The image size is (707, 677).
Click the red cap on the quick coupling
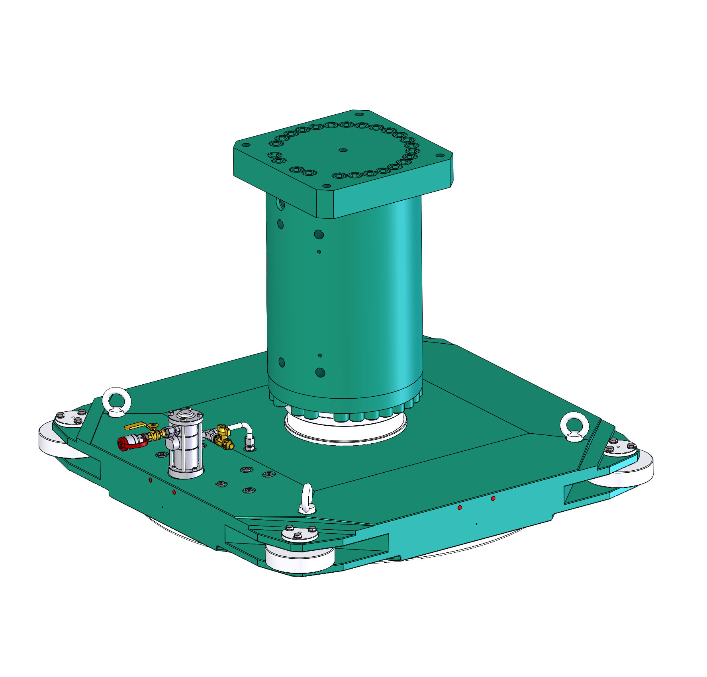click(x=124, y=443)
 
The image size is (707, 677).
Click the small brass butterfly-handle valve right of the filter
click(x=223, y=432)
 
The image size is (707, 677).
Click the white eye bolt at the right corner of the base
click(x=574, y=426)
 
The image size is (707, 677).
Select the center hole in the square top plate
click(x=343, y=150)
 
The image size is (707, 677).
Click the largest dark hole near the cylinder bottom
click(x=320, y=373)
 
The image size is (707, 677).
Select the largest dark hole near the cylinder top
click(x=319, y=235)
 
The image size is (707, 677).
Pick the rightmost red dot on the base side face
click(x=493, y=498)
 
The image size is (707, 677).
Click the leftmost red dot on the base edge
click(x=150, y=480)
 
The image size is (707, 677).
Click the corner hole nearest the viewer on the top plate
click(x=327, y=186)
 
